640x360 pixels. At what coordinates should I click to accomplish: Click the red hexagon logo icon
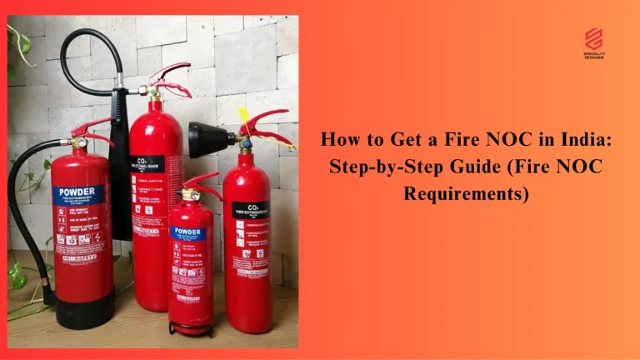[593, 38]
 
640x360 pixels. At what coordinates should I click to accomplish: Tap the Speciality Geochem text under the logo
[593, 56]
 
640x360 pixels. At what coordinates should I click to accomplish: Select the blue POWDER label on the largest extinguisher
[79, 195]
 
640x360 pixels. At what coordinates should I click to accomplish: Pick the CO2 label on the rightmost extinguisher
[250, 209]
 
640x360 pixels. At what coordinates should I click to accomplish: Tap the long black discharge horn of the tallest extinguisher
[119, 158]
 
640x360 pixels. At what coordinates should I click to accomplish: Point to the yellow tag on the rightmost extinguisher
[245, 114]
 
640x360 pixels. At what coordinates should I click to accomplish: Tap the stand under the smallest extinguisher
[191, 327]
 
